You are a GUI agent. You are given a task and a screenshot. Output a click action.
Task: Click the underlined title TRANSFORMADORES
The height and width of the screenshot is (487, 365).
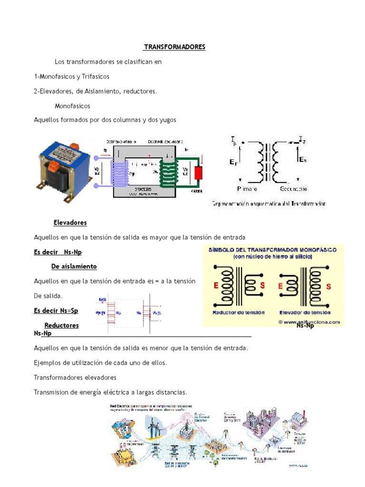point(175,48)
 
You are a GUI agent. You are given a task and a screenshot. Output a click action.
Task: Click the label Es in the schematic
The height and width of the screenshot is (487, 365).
point(303,160)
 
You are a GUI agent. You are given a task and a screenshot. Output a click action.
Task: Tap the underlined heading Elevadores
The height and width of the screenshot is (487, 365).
point(70,223)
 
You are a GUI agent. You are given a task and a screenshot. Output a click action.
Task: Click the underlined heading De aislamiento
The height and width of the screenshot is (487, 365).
point(74,266)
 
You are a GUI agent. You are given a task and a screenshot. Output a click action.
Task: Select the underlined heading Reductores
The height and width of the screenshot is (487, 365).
point(61,326)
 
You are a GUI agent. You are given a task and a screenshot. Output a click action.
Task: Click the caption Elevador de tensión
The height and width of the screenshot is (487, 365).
point(305,312)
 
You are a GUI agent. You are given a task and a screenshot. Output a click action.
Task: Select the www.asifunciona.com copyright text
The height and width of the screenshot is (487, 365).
point(309,322)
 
